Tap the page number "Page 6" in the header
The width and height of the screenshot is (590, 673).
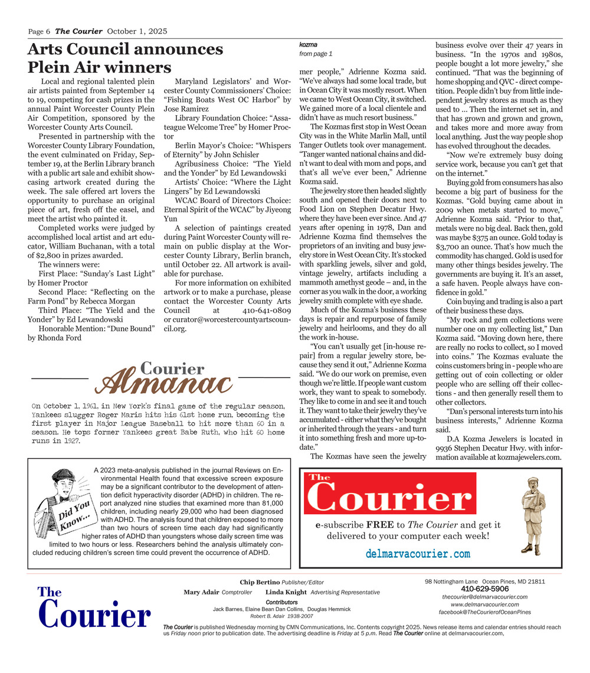click(x=40, y=31)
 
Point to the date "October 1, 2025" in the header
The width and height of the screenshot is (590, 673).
click(x=137, y=31)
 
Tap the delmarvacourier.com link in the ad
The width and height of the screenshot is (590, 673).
click(x=418, y=554)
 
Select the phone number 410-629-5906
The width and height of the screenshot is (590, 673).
click(x=484, y=589)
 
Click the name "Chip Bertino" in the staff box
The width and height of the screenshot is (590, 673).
click(x=260, y=582)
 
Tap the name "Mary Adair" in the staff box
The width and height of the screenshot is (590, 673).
click(x=201, y=592)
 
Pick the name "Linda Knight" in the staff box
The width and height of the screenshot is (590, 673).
click(x=286, y=592)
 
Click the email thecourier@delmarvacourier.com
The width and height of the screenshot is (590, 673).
click(x=484, y=597)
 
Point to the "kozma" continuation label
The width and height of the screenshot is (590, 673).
click(x=309, y=45)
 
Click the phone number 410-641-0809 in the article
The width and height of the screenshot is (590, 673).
click(x=266, y=310)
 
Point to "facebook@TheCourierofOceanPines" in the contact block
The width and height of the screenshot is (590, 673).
click(x=484, y=612)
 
